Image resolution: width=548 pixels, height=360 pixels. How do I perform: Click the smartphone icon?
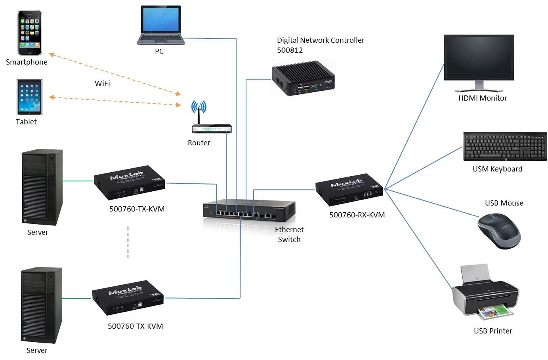[x=30, y=33]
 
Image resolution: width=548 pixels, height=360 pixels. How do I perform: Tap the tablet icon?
[x=29, y=97]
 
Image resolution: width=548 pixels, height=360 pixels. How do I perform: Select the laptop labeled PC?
[x=160, y=25]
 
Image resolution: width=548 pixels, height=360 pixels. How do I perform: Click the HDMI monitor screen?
[x=479, y=58]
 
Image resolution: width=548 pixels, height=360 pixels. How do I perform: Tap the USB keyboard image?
[x=504, y=147]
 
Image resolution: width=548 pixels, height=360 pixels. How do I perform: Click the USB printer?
[x=485, y=293]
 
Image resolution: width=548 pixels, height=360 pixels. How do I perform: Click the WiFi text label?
[x=102, y=83]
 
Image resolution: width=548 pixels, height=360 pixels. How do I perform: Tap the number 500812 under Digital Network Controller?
[x=290, y=50]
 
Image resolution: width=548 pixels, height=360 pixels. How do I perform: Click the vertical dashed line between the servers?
[x=128, y=243]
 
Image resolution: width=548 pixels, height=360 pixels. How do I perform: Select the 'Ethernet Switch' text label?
[x=289, y=234]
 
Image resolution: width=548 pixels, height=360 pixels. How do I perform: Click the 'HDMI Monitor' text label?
[x=482, y=98]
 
